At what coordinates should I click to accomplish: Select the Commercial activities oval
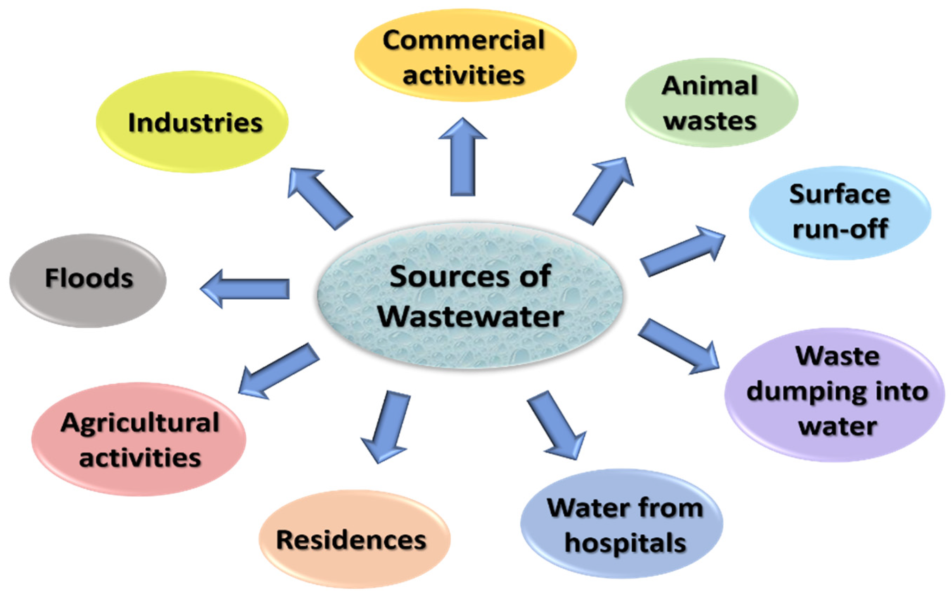(x=465, y=55)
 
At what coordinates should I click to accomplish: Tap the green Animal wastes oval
(x=711, y=102)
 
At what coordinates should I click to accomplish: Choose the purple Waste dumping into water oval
(x=834, y=394)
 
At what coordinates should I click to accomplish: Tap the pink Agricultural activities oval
(x=139, y=439)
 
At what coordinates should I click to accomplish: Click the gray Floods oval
(x=88, y=280)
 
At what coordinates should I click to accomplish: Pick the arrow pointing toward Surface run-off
(x=682, y=251)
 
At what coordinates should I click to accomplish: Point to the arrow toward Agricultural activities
(x=278, y=370)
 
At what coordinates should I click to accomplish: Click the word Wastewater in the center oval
(x=471, y=316)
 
